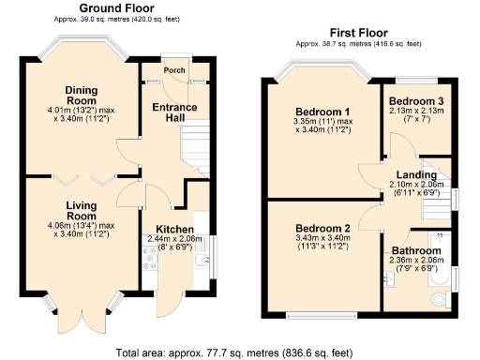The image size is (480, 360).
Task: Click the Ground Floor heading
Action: click(x=113, y=8)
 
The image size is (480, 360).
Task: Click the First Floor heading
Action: click(x=357, y=32)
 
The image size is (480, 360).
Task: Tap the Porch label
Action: click(x=174, y=69)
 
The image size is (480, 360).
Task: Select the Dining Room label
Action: click(x=81, y=96)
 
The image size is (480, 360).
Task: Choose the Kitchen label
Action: click(x=174, y=230)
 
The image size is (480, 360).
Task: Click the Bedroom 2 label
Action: click(x=322, y=229)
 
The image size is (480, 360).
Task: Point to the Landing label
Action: click(x=416, y=175)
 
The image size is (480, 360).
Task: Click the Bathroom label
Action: click(x=419, y=252)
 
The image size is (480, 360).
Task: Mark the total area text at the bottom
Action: click(x=235, y=352)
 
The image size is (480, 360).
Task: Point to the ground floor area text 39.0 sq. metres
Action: click(x=113, y=19)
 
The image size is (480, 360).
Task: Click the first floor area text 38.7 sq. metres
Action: click(x=357, y=43)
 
